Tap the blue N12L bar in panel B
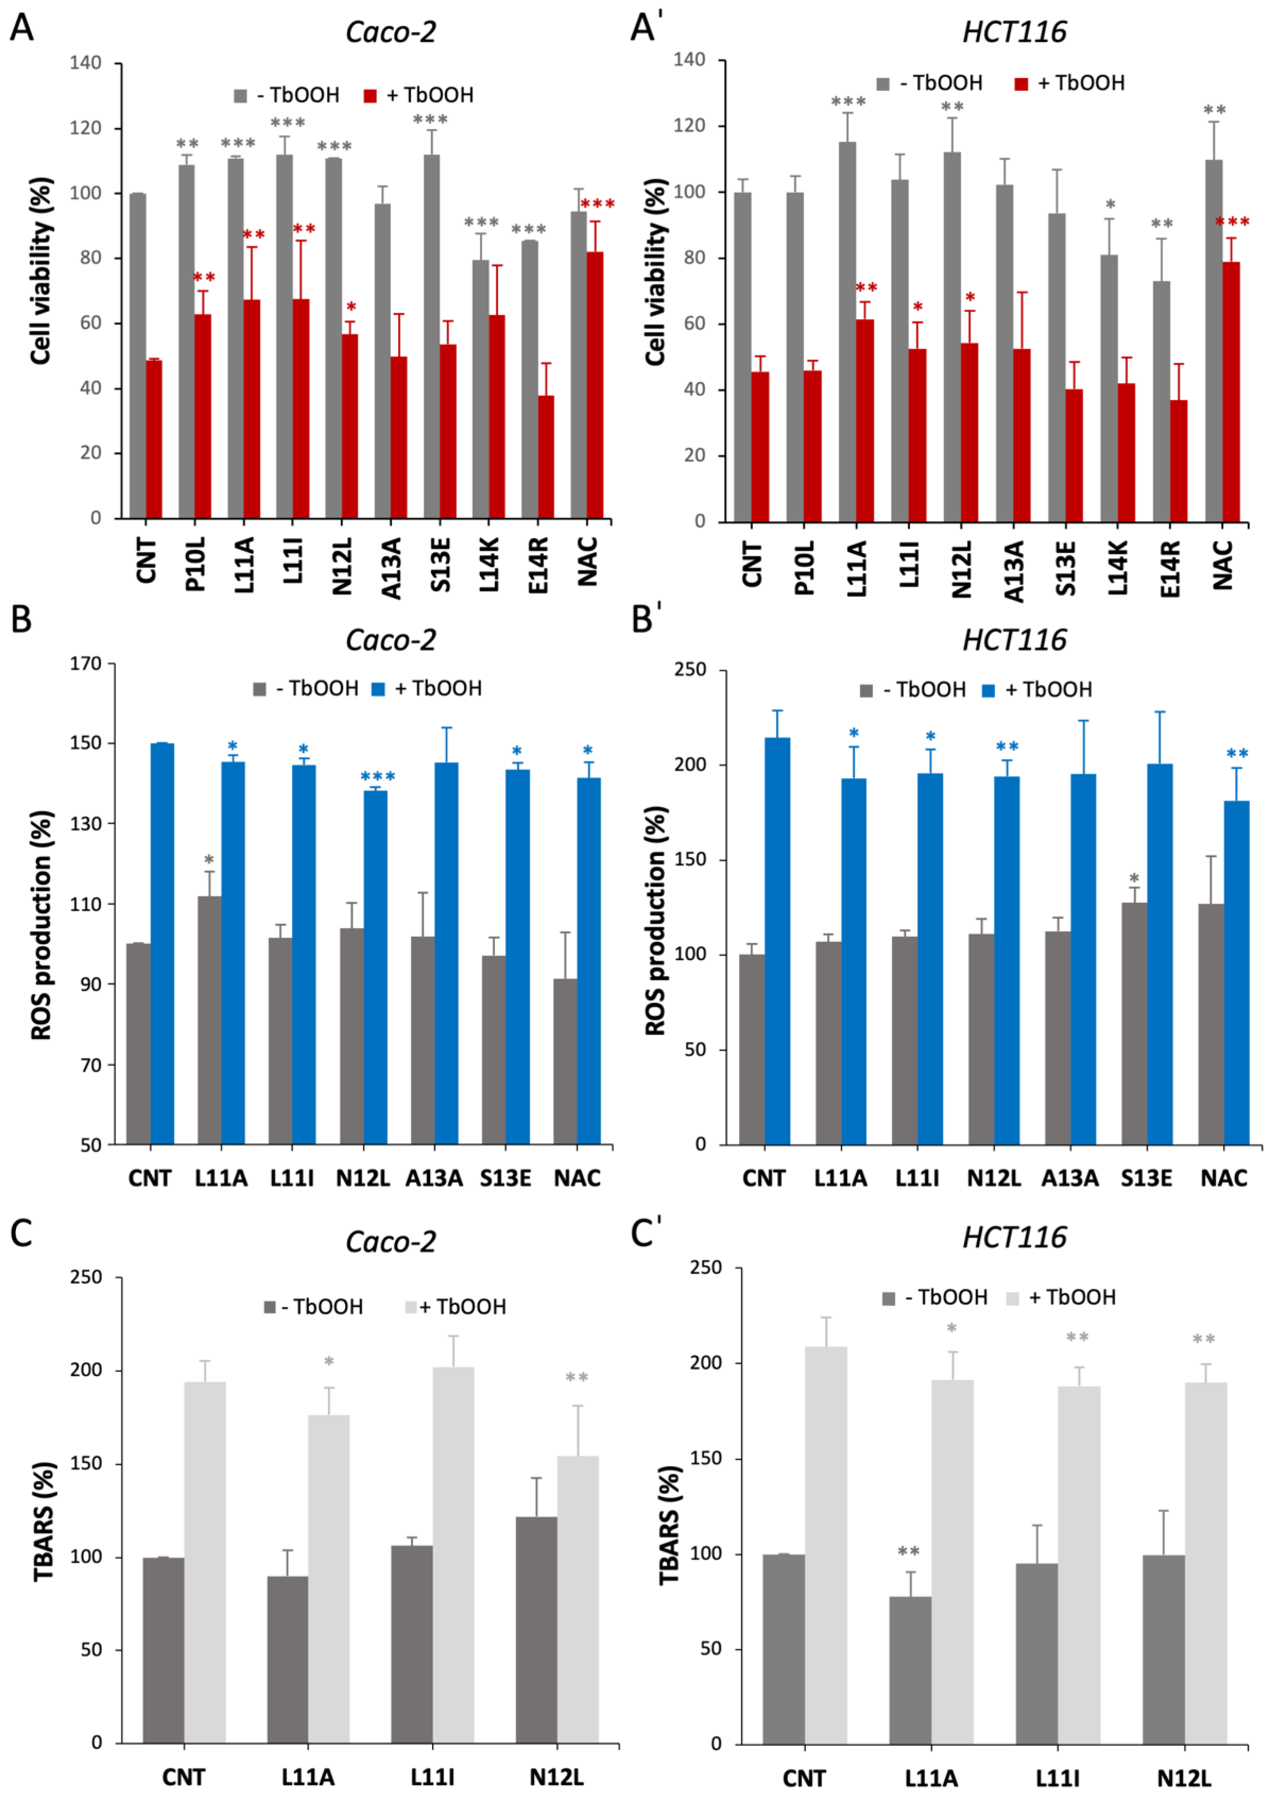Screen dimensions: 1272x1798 click(375, 967)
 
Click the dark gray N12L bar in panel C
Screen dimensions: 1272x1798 click(536, 1630)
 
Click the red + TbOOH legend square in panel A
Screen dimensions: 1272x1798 click(370, 95)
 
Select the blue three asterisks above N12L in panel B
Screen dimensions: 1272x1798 click(378, 776)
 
